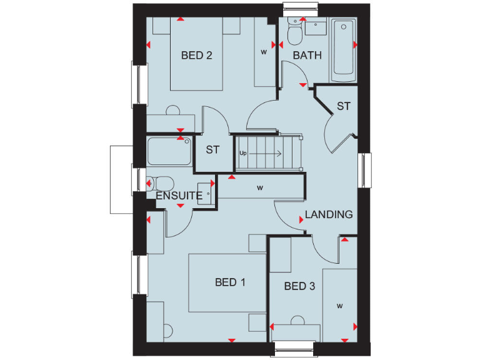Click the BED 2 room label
coord(197,56)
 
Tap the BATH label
coord(307,56)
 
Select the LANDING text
coord(329,214)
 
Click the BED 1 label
coord(230,282)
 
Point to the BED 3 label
coord(299,286)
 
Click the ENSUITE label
coord(179,196)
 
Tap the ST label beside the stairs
coord(213,150)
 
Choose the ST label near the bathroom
coord(344,106)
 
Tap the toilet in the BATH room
coord(294,31)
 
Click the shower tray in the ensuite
coord(169,152)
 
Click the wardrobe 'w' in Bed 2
coord(264,52)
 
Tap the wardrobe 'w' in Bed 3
coord(340,306)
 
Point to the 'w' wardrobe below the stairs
coord(259,187)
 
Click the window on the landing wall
coord(365,169)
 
